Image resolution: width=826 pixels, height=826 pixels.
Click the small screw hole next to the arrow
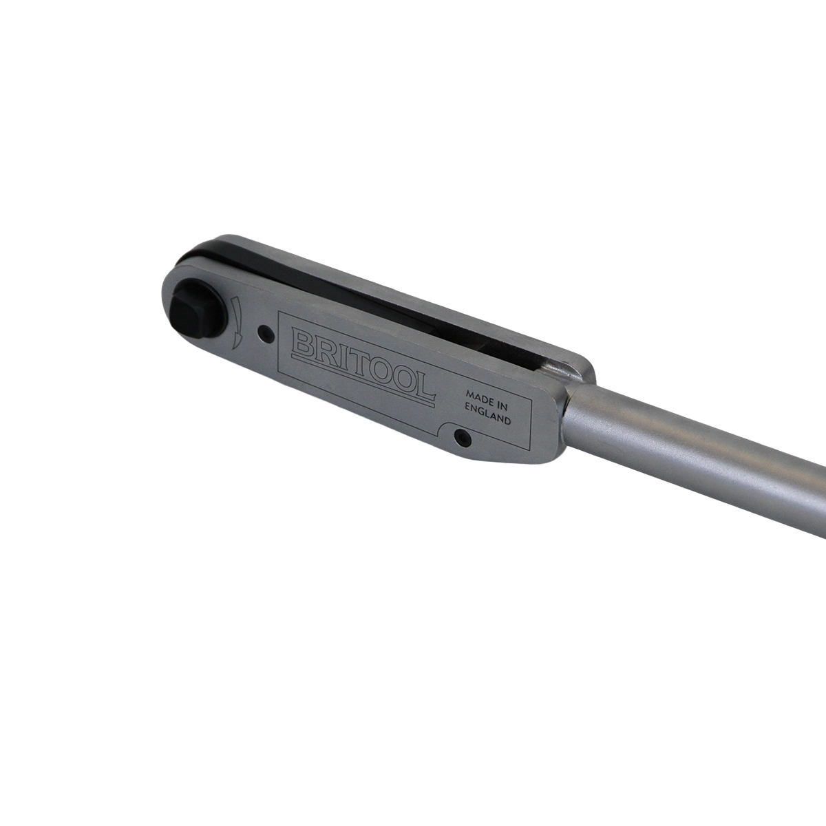[265, 332]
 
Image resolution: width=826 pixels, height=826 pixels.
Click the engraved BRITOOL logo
[363, 366]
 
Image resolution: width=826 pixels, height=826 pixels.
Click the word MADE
[476, 395]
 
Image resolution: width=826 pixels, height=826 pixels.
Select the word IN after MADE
[498, 403]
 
